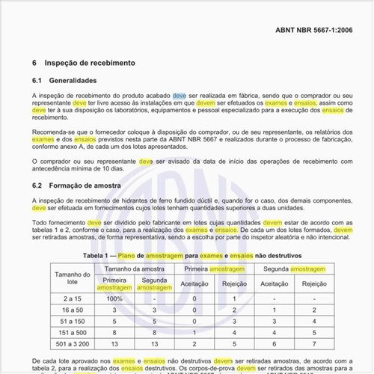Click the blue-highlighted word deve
click(x=180, y=96)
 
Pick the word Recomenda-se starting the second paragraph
click(x=55, y=132)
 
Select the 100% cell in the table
click(x=114, y=298)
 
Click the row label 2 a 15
click(x=73, y=298)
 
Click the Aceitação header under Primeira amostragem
click(x=194, y=284)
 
